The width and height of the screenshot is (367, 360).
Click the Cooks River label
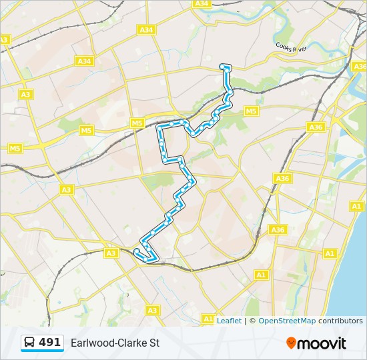[291, 45]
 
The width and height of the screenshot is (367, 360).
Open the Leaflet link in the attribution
[229, 321]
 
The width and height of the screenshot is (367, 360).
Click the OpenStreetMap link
[287, 321]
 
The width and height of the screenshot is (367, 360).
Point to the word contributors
[340, 321]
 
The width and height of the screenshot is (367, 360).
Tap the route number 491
[50, 342]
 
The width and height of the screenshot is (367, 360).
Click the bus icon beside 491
[30, 343]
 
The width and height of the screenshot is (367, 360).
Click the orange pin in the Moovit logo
[291, 343]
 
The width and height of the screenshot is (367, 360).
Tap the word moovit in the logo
[322, 343]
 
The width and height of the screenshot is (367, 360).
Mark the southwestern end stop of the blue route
[136, 251]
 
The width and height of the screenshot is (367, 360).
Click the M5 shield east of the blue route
[251, 111]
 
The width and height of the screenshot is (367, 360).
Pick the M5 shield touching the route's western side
[137, 123]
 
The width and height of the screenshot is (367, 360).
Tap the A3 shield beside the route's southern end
[111, 253]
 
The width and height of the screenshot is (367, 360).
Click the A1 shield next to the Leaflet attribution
[209, 319]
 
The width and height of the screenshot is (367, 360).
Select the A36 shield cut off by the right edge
[360, 67]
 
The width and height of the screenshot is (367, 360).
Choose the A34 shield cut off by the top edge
[202, 3]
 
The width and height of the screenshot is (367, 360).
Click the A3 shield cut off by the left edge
[3, 40]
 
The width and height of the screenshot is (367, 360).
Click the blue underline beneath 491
[41, 351]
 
